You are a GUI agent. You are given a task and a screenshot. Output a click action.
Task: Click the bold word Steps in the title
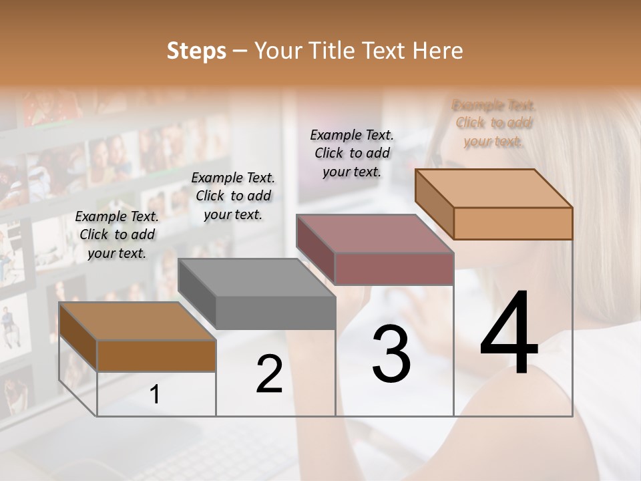click(x=196, y=51)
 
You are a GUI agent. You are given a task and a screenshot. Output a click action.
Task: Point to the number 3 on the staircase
click(x=391, y=354)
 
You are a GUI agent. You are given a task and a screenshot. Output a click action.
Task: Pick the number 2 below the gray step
click(x=269, y=374)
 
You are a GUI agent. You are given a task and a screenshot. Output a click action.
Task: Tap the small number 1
click(x=155, y=395)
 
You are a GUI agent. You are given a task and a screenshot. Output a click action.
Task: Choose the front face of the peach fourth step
click(x=513, y=223)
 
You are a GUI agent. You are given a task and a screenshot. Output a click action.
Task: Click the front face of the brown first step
click(x=156, y=355)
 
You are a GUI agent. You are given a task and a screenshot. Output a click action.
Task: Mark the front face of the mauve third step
click(x=394, y=269)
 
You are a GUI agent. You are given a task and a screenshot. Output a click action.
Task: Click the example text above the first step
click(x=117, y=234)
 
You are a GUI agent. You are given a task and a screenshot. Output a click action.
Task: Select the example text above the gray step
click(x=233, y=196)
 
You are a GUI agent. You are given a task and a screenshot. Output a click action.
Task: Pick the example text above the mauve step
click(x=352, y=153)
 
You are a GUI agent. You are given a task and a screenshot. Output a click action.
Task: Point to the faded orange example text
click(x=494, y=123)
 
